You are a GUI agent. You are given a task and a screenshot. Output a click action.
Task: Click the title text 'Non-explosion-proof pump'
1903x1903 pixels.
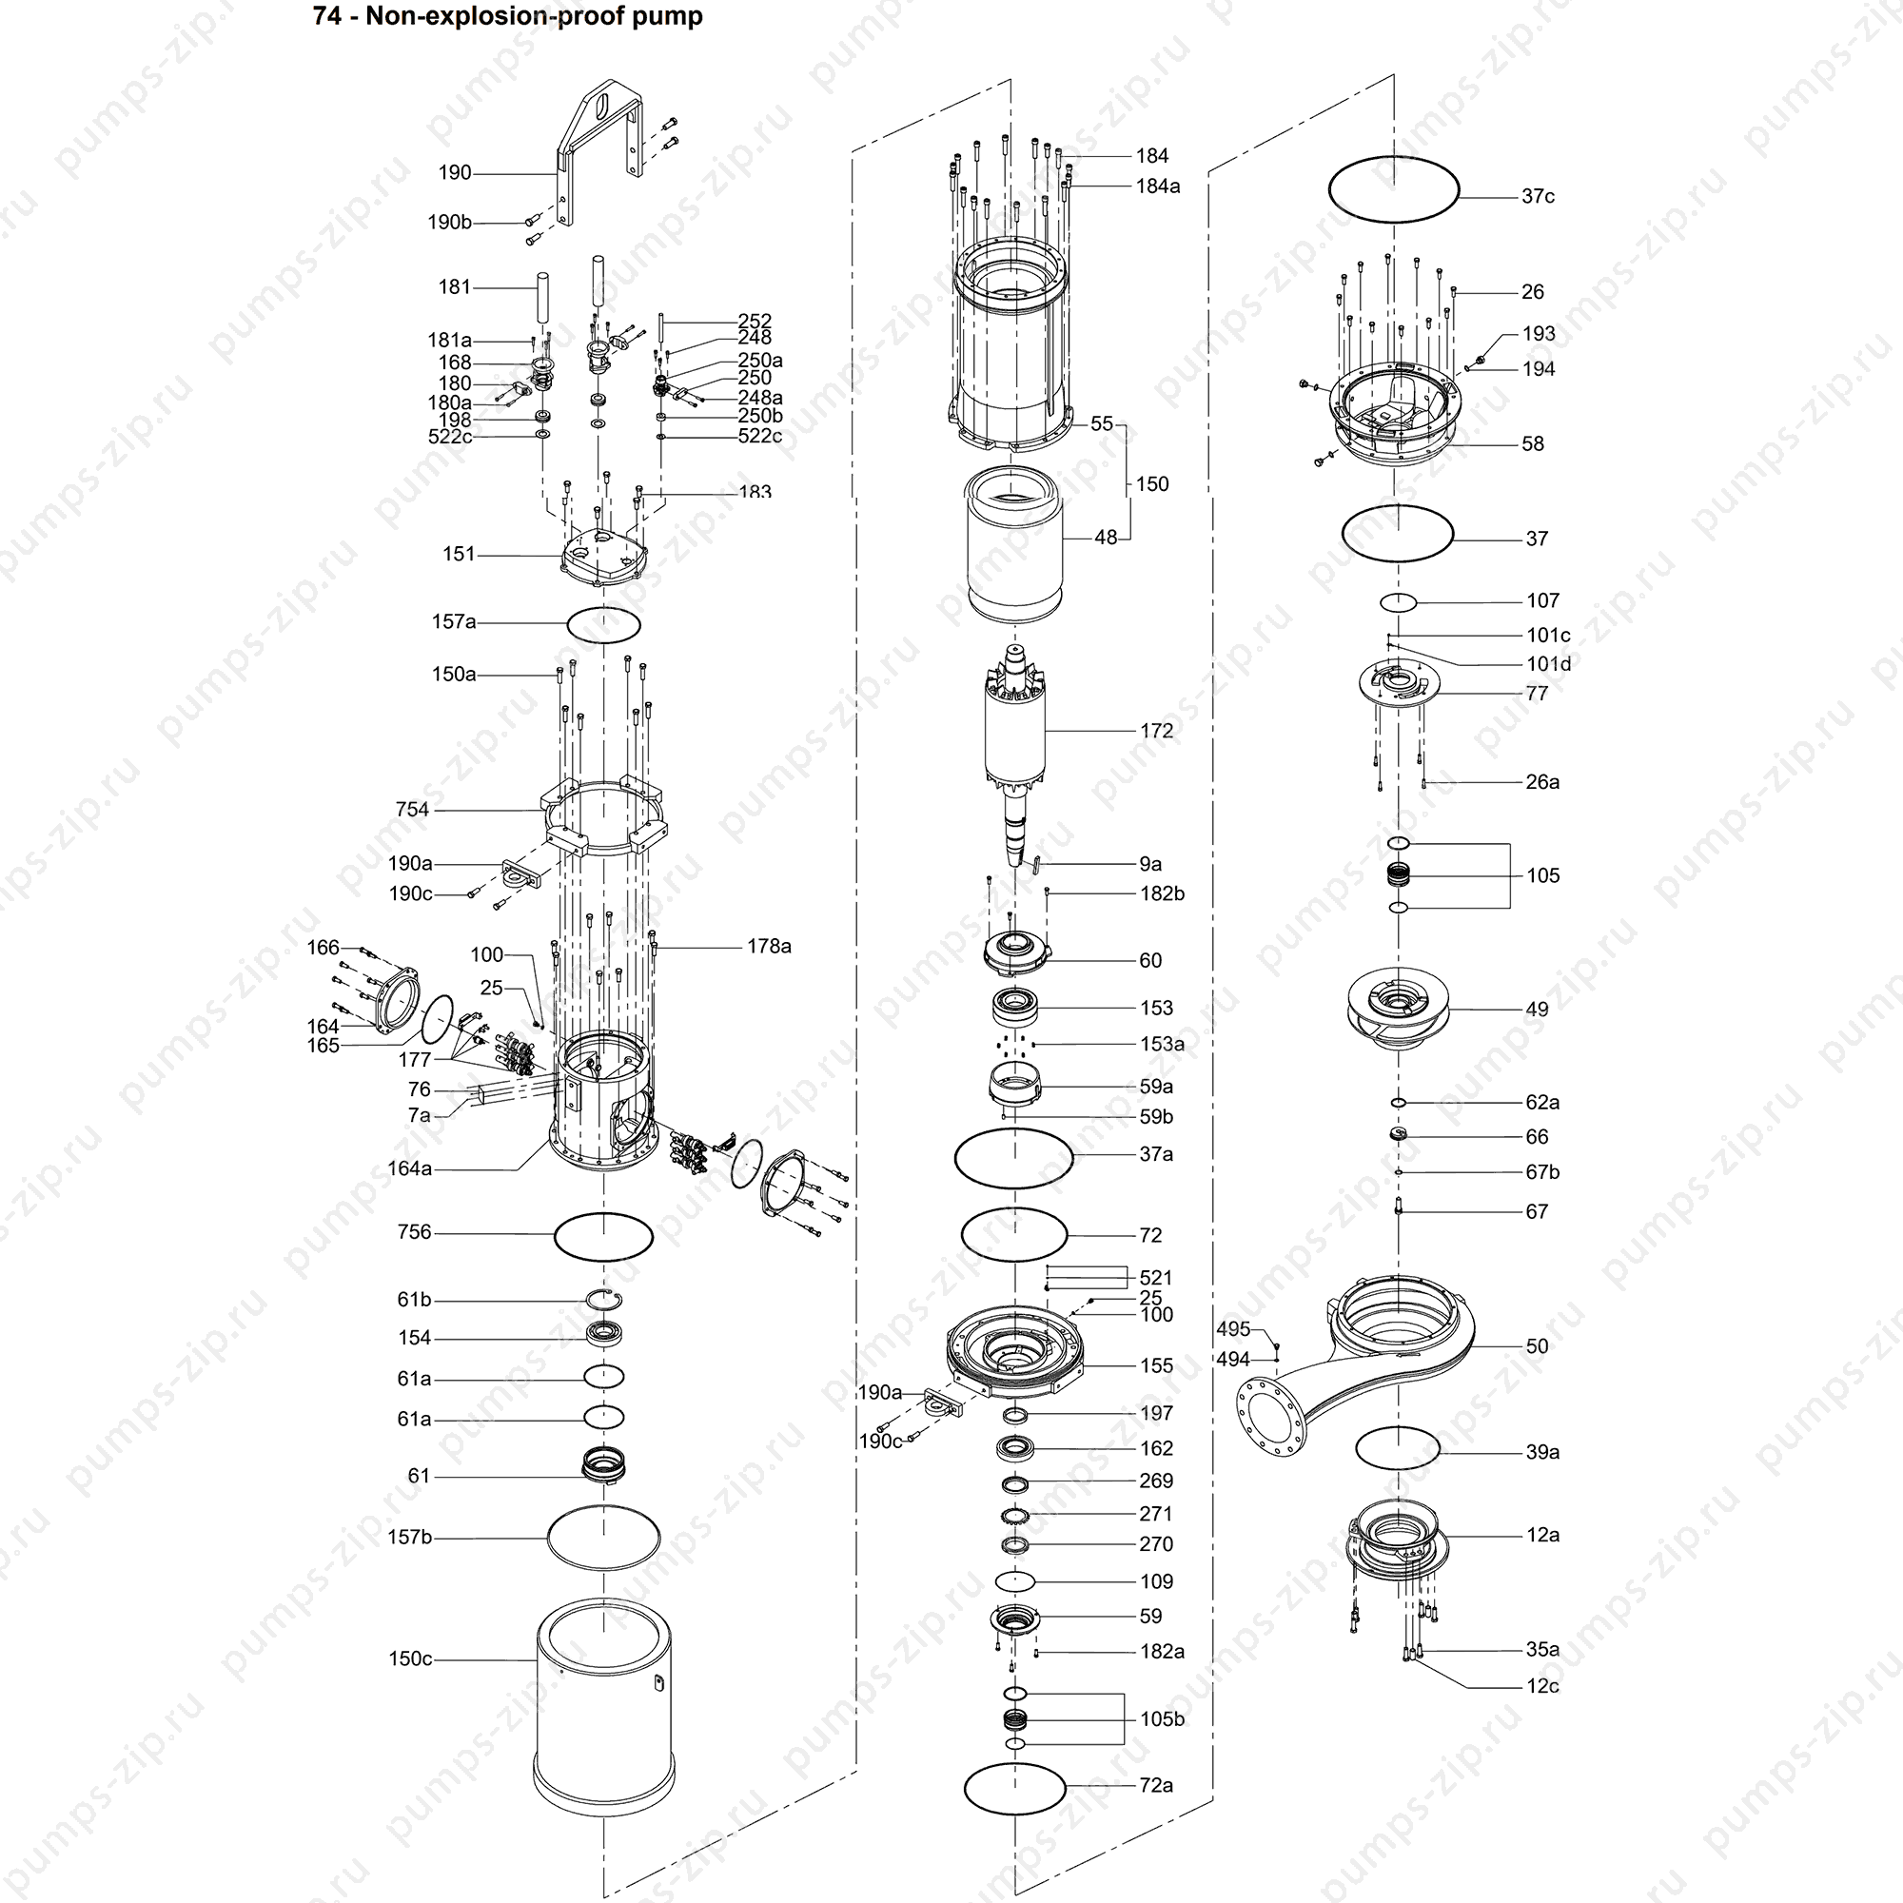534,17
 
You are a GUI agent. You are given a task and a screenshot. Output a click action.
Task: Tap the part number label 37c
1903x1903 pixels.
1538,196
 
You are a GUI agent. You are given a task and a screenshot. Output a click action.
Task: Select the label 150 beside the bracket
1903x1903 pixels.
1152,484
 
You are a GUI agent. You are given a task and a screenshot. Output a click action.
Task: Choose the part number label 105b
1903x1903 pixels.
1163,1718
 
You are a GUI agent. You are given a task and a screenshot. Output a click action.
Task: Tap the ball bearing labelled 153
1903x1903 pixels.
1014,1009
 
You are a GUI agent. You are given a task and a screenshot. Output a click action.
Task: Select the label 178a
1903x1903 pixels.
769,946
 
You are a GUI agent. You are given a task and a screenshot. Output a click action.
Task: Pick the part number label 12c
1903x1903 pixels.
1542,1686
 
